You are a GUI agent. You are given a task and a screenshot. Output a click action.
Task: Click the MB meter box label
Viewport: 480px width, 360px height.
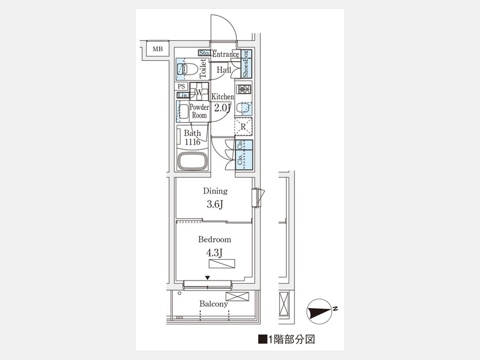click(x=158, y=49)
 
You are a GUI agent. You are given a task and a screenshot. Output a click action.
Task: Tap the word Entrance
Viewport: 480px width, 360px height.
click(x=226, y=54)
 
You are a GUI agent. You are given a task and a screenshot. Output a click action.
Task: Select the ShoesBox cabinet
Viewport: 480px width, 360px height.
click(x=246, y=63)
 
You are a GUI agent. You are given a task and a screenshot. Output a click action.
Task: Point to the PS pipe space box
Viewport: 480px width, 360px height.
click(x=181, y=86)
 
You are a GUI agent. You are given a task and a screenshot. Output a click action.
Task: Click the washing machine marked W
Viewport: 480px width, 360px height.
click(x=199, y=92)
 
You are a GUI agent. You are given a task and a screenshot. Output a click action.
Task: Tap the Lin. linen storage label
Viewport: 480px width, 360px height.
click(x=183, y=95)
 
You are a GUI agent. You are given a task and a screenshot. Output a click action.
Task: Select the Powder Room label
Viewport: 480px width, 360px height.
click(x=199, y=111)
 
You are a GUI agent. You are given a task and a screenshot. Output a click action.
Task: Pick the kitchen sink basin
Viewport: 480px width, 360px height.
click(x=246, y=108)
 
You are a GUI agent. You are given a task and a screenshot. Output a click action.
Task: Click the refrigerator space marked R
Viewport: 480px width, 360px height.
click(x=243, y=126)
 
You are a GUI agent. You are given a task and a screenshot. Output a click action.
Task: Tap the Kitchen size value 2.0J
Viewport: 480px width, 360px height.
click(x=222, y=108)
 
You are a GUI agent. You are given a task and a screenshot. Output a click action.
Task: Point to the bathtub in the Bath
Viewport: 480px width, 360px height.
click(x=193, y=161)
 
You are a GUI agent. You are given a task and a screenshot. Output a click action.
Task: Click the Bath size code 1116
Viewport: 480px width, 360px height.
click(x=193, y=142)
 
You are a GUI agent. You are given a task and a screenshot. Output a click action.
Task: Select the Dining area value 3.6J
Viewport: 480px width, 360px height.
click(x=215, y=204)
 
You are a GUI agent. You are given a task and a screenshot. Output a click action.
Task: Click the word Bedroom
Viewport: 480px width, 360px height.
click(x=214, y=239)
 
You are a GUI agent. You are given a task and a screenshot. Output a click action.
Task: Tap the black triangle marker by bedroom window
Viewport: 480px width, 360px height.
click(x=207, y=278)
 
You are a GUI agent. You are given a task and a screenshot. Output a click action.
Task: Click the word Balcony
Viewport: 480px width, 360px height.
click(x=214, y=304)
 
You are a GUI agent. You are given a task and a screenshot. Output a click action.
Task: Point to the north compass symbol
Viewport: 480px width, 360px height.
click(x=320, y=311)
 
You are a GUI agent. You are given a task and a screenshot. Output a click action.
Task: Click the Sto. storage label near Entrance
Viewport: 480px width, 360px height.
click(x=204, y=53)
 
